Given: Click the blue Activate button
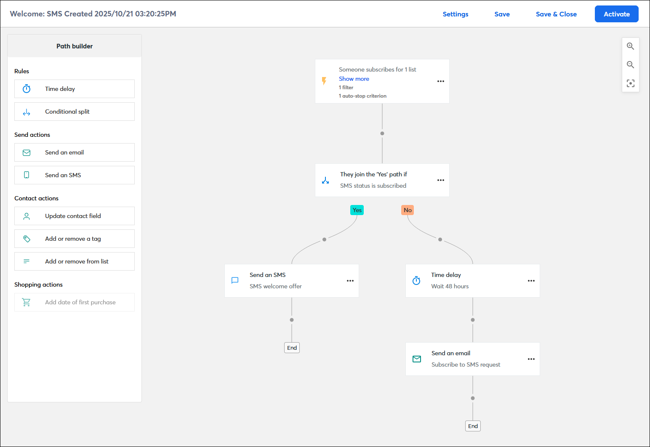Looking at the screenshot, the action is coord(616,14).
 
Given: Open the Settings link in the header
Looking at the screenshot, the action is coord(455,14).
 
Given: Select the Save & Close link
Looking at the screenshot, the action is coord(556,14).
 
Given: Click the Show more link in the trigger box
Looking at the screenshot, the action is coord(354,79).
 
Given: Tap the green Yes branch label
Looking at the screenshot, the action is coord(357,210).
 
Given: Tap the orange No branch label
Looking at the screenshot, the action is coord(408,210).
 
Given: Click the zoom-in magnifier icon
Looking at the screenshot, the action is coord(630,46).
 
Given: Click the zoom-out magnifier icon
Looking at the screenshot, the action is coord(630,65).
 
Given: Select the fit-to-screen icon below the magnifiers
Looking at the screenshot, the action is coord(630,83).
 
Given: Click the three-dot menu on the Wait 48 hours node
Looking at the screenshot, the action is coord(531,281).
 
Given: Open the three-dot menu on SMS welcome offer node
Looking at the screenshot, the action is coord(350,281).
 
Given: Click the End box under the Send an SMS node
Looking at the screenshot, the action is coord(292,348).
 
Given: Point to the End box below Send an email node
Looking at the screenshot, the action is coord(473,426).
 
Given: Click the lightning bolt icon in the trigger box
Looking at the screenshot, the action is coord(324,81).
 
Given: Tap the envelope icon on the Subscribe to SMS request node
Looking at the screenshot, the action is coord(417,359).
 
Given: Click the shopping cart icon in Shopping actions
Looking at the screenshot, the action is coord(26,302).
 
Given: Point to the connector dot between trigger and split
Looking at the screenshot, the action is coord(382,133).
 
